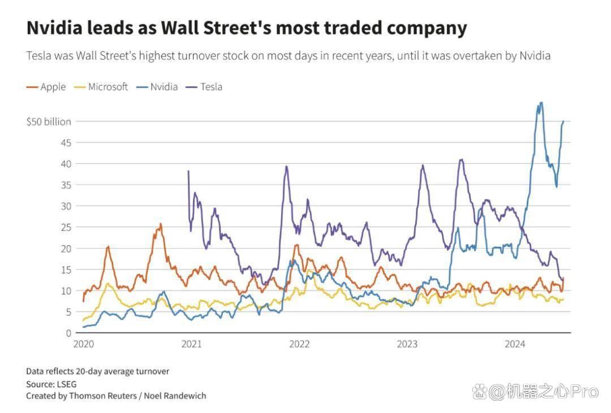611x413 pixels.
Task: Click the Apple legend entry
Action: (x=46, y=87)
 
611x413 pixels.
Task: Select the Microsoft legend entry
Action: (x=101, y=87)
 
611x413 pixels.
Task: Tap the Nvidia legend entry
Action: (x=157, y=87)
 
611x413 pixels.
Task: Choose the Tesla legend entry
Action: (x=204, y=87)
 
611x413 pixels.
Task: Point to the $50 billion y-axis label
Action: (x=49, y=122)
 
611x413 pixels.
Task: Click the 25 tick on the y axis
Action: (x=66, y=227)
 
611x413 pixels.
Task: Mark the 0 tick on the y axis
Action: (x=68, y=333)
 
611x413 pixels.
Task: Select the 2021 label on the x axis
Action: (x=191, y=344)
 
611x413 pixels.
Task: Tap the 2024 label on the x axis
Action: (x=515, y=344)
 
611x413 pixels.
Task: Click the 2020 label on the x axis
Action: (x=84, y=344)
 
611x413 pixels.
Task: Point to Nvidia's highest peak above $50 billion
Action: (x=541, y=103)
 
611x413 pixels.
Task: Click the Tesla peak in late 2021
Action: (x=287, y=167)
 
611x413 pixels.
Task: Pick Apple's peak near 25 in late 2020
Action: (x=161, y=224)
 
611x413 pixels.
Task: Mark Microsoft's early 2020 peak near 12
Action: (x=108, y=284)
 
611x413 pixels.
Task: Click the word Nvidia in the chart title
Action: (x=54, y=28)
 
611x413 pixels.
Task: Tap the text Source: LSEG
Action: (x=51, y=384)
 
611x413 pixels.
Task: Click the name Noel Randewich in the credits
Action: (x=175, y=396)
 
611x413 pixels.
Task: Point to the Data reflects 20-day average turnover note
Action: (x=98, y=371)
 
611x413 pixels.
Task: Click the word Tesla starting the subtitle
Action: (x=38, y=56)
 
